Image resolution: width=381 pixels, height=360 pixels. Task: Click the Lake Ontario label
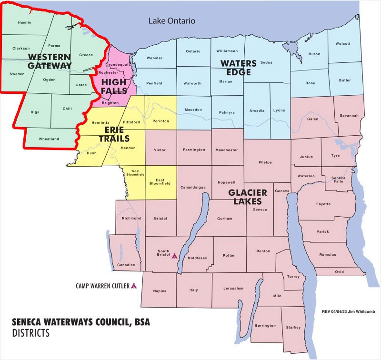click(172, 21)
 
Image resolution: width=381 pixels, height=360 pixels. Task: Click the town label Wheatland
click(49, 139)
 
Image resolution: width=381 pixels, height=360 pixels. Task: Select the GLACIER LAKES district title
click(247, 197)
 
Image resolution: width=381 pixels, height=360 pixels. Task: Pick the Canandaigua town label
click(193, 187)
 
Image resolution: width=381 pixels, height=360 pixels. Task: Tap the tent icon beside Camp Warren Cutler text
click(134, 286)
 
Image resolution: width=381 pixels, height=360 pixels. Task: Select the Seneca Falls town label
click(338, 180)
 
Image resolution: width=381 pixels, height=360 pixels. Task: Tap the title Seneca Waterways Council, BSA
click(81, 323)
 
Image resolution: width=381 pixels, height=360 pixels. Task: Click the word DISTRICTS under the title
click(31, 333)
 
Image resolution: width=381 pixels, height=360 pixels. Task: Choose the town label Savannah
click(349, 115)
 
